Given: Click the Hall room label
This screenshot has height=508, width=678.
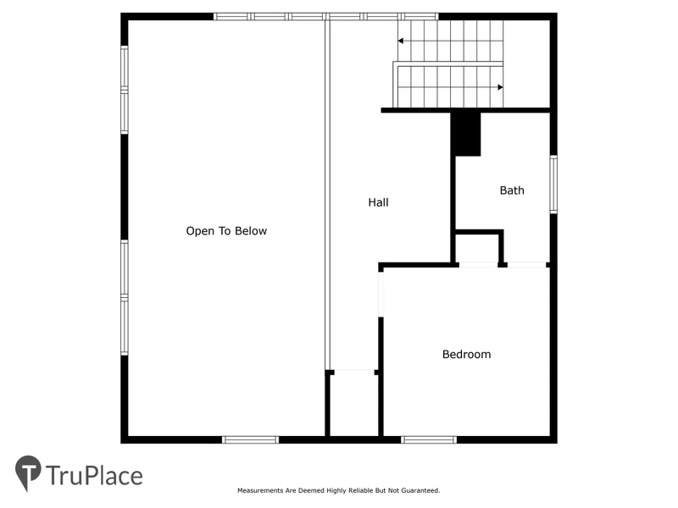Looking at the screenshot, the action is [378, 202].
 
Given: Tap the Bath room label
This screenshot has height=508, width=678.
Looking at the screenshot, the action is [512, 190].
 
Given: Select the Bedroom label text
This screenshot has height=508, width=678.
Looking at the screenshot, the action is [467, 354].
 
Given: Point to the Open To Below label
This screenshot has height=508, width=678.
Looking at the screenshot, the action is [226, 230].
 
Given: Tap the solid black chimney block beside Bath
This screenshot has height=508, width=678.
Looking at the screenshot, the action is [465, 134].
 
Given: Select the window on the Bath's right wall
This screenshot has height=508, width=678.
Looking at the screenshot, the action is [553, 185].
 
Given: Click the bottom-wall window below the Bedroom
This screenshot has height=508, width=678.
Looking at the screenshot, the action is [429, 439].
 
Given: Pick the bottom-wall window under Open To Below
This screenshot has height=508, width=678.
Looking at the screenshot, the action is [250, 439].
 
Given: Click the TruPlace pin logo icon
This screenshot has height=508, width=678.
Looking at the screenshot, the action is [28, 473].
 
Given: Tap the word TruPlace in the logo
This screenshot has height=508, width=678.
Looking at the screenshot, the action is [94, 476].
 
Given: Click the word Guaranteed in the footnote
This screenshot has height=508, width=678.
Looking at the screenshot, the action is [420, 490].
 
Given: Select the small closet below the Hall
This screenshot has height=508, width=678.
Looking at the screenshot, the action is [354, 405].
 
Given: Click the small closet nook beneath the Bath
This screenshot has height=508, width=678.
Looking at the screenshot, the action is [478, 248].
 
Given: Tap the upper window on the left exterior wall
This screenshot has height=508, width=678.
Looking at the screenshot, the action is [125, 90].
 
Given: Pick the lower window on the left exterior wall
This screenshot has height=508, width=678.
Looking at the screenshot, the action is [125, 298].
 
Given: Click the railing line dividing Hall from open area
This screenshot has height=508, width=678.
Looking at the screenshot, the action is [327, 195].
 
